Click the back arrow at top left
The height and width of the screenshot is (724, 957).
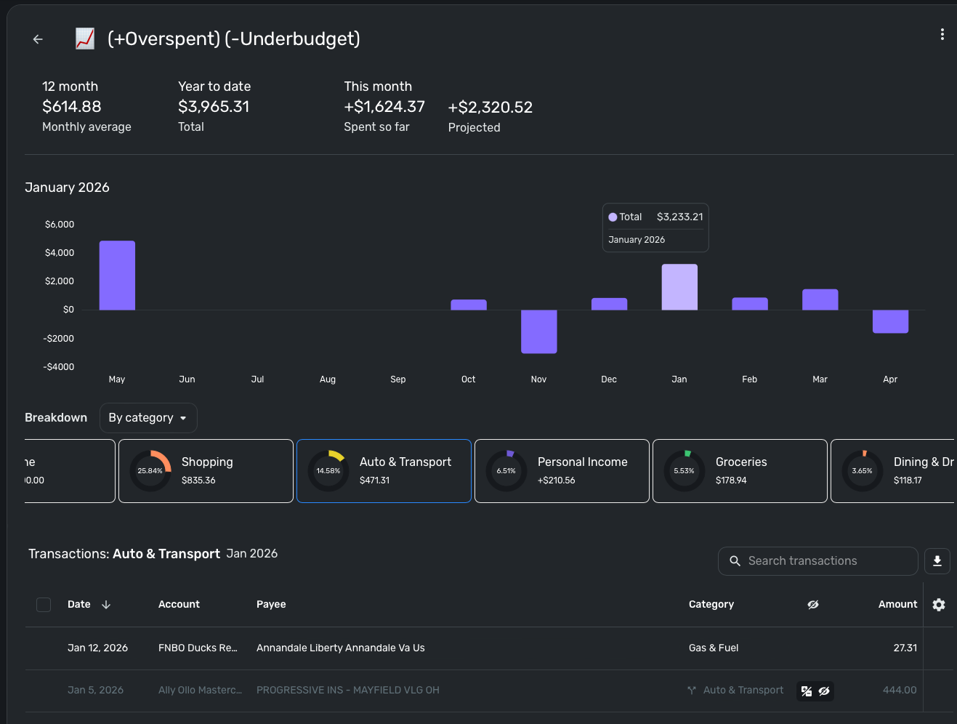[x=38, y=39]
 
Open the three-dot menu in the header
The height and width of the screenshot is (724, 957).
[x=942, y=34]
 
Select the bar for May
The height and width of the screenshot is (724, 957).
[x=117, y=275]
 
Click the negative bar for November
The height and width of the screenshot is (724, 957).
[x=538, y=331]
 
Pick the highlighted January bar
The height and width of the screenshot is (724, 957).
[x=679, y=287]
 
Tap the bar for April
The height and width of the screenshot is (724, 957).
[x=890, y=321]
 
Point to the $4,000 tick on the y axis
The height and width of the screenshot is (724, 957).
[x=60, y=253]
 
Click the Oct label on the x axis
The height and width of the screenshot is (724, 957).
[x=468, y=379]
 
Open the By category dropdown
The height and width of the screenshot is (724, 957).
[x=148, y=418]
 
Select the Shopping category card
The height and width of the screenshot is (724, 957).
[x=206, y=471]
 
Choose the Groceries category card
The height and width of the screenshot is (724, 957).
[x=740, y=471]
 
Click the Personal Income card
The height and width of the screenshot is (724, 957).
[x=562, y=471]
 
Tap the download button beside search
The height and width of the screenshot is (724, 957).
[x=937, y=561]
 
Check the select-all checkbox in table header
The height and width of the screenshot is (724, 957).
[x=44, y=605]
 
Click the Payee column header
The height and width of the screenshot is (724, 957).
[x=271, y=605]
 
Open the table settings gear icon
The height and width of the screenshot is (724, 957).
[x=939, y=605]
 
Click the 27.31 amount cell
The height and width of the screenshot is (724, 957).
[x=905, y=648]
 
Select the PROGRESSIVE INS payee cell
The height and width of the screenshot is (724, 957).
[x=347, y=691]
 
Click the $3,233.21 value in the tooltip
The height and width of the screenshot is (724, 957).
[x=679, y=217]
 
